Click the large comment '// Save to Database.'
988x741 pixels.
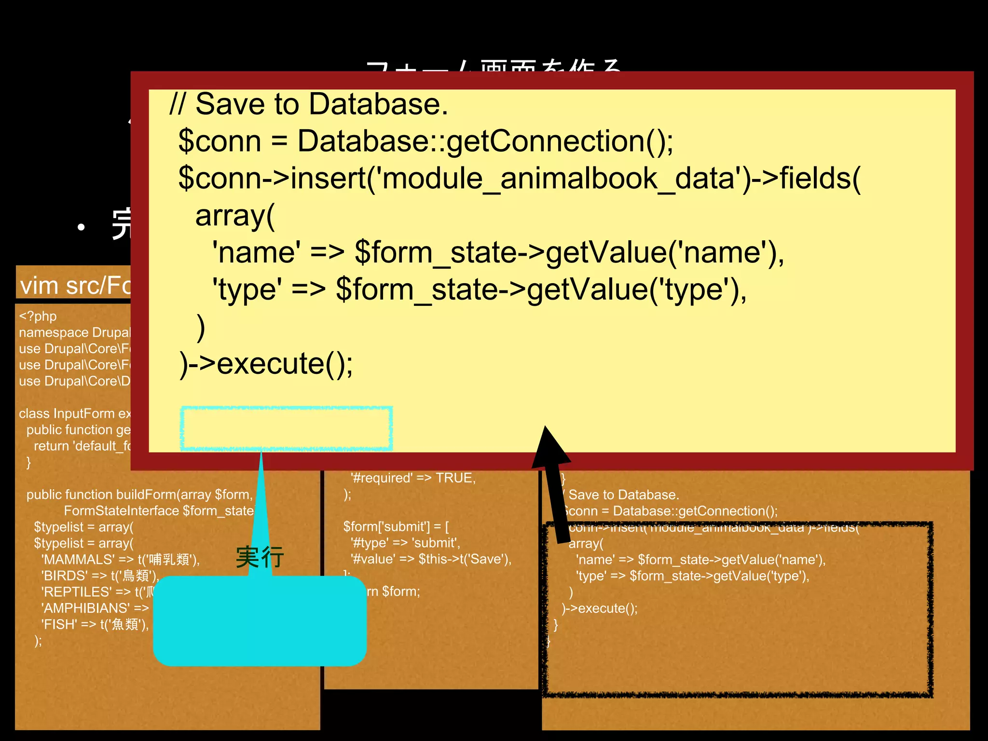click(x=309, y=104)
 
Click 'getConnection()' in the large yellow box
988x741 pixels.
click(x=560, y=141)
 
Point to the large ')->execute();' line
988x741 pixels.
click(x=266, y=364)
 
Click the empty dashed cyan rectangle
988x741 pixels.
click(x=286, y=428)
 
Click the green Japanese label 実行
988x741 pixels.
click(x=260, y=557)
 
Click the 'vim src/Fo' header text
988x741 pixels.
click(x=75, y=286)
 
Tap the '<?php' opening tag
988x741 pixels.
click(x=38, y=316)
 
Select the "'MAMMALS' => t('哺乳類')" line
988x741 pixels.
click(x=120, y=560)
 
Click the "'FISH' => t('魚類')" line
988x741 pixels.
click(x=95, y=625)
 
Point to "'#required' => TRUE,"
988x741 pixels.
click(x=413, y=478)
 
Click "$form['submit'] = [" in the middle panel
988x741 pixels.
click(x=396, y=527)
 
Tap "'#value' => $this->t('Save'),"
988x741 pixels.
click(x=431, y=559)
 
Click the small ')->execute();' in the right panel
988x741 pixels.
click(x=599, y=608)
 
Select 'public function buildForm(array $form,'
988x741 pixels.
click(x=139, y=495)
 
